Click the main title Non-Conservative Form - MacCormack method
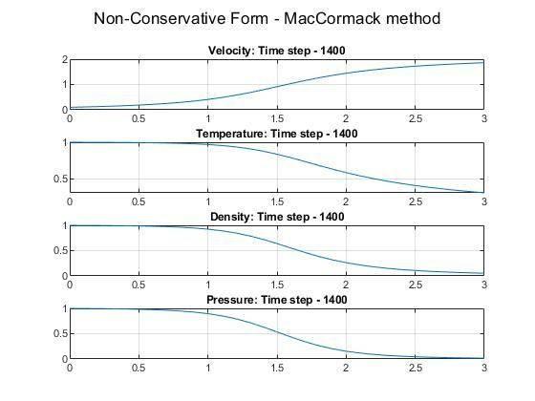click(x=267, y=18)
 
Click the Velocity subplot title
click(x=276, y=51)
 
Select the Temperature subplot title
click(x=276, y=134)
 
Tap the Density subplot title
click(x=276, y=217)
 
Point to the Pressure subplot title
click(x=276, y=300)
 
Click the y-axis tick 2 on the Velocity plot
click(x=63, y=60)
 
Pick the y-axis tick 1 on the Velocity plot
click(x=63, y=85)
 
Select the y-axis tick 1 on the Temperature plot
click(x=63, y=143)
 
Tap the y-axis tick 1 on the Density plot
click(x=63, y=226)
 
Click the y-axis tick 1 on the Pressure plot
click(x=63, y=309)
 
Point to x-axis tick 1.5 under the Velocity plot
click(x=276, y=119)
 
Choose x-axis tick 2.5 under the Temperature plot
click(x=415, y=202)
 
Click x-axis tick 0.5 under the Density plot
click(x=139, y=285)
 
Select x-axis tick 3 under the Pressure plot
click(x=483, y=369)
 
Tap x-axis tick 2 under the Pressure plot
click(x=346, y=369)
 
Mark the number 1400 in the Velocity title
click(x=331, y=51)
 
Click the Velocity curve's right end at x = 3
click(x=483, y=63)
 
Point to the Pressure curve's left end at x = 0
click(x=70, y=308)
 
